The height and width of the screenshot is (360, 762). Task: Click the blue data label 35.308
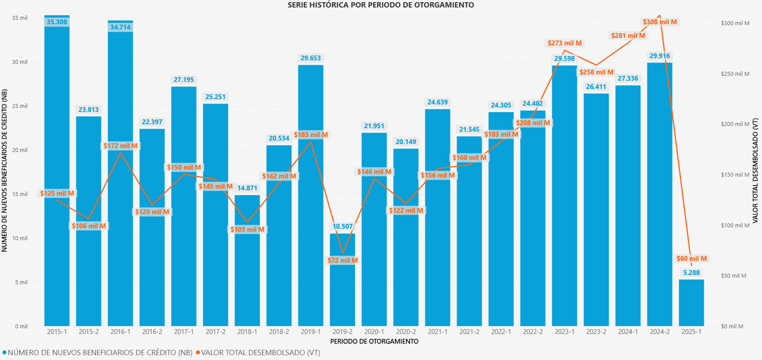tap(57, 22)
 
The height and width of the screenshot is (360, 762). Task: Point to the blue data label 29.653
tap(311, 58)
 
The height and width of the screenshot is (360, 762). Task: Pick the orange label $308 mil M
tap(660, 22)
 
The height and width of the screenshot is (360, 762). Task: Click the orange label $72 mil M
tap(342, 260)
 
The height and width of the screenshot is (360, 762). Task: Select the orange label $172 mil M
tap(120, 146)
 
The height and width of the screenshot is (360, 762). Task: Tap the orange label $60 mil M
tap(691, 259)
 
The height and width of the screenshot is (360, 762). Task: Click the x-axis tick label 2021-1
tap(438, 332)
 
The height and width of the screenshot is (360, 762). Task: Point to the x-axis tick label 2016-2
tap(152, 332)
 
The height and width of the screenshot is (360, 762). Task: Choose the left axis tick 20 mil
tap(20, 150)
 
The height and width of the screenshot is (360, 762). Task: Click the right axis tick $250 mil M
tap(735, 74)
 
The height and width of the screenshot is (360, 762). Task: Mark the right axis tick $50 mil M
tap(733, 276)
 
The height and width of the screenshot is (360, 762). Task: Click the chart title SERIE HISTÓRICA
tap(381, 5)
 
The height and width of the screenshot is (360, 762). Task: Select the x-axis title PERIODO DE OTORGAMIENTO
tap(374, 341)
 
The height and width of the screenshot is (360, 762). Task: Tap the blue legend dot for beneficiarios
tap(4, 353)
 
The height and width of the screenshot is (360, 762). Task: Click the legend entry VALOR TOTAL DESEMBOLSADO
tap(260, 353)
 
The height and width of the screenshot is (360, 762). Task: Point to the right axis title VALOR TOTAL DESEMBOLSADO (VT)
tap(755, 171)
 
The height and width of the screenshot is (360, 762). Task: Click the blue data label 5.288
tap(691, 273)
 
